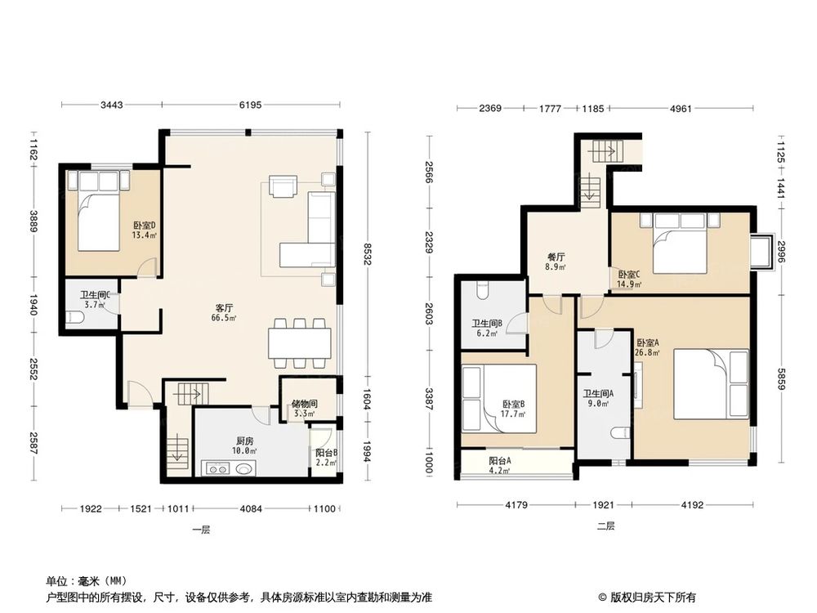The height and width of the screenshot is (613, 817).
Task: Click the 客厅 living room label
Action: tap(225, 308)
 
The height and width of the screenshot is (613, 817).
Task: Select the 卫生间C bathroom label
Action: tap(95, 296)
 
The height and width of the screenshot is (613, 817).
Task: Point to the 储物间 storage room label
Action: tap(305, 404)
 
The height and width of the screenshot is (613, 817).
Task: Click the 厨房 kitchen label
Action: tap(241, 440)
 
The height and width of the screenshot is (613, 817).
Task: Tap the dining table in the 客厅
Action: tap(300, 341)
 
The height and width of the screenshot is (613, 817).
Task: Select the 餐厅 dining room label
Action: tap(556, 256)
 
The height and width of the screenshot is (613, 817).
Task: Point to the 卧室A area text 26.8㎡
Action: tap(648, 353)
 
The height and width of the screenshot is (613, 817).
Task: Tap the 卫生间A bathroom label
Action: tap(599, 393)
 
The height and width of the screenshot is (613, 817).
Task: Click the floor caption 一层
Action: tap(201, 530)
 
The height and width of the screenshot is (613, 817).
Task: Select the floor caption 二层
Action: tap(605, 526)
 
